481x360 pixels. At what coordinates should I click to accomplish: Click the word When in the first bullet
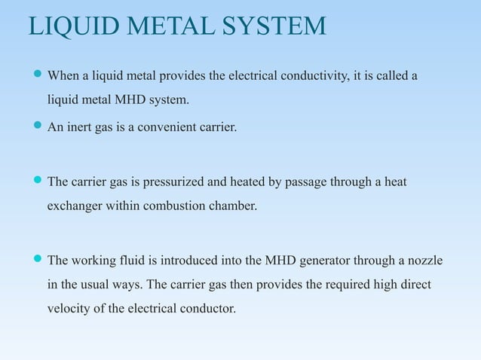[63, 76]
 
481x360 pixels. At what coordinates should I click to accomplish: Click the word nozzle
[424, 261]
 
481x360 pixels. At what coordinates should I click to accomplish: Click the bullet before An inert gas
[38, 127]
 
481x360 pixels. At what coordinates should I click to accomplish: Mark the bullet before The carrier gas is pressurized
[38, 182]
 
